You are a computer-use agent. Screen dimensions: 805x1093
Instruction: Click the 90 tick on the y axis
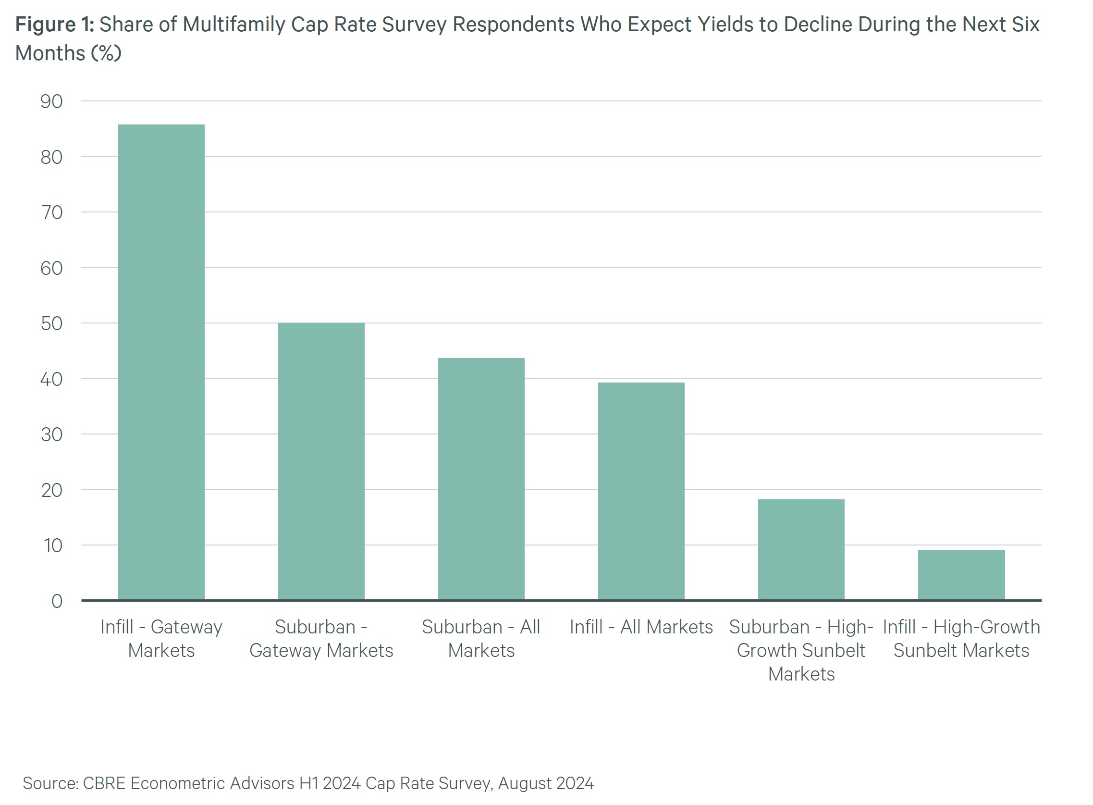[51, 101]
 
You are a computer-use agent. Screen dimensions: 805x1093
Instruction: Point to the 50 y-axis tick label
[51, 323]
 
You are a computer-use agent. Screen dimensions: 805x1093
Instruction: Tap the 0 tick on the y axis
[57, 601]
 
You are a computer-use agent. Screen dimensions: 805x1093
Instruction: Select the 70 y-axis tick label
[51, 212]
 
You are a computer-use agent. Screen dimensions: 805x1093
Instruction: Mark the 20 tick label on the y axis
[51, 490]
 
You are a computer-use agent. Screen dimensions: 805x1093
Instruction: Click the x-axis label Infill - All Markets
[641, 627]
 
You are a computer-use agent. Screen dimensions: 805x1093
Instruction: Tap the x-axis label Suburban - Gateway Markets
[321, 638]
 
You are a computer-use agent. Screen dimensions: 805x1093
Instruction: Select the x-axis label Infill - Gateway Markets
[161, 638]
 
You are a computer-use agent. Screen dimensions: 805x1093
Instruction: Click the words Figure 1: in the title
[55, 25]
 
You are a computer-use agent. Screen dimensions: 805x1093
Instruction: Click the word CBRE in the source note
[104, 782]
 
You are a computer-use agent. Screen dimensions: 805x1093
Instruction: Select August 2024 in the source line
[545, 782]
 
